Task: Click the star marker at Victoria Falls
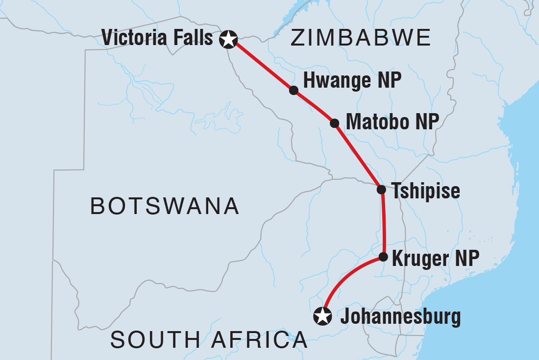point(228,39)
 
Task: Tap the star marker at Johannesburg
point(322,316)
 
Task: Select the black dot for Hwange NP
point(293,90)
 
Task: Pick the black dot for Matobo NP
point(335,122)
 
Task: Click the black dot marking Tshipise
point(381,190)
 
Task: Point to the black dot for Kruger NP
point(383,257)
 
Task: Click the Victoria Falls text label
point(157,38)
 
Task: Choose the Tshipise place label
point(425,191)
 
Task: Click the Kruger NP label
point(434,258)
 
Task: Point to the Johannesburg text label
point(400,317)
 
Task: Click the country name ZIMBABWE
point(361,38)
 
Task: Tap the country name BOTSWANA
point(165,206)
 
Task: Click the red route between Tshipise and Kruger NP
point(384,223)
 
